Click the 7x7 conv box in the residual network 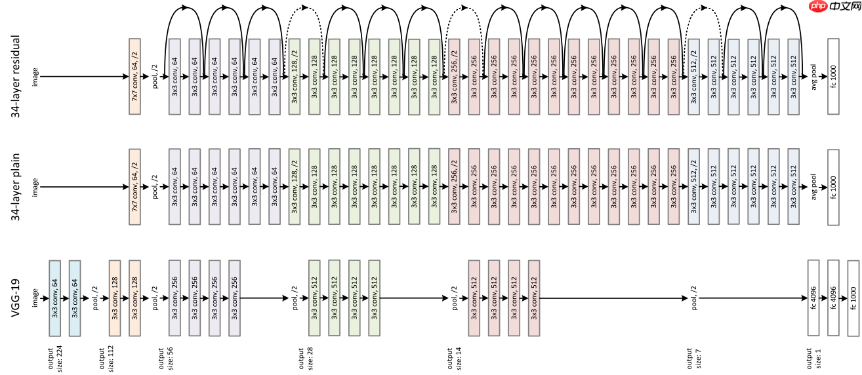pyautogui.click(x=135, y=77)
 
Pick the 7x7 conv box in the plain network pyautogui.click(x=135, y=187)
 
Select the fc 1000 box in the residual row pyautogui.click(x=834, y=77)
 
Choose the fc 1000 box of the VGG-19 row pyautogui.click(x=853, y=298)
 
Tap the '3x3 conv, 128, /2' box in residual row pyautogui.click(x=295, y=77)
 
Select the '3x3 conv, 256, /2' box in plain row pyautogui.click(x=455, y=187)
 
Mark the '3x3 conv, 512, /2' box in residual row pyautogui.click(x=694, y=77)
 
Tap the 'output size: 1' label pyautogui.click(x=813, y=357)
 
